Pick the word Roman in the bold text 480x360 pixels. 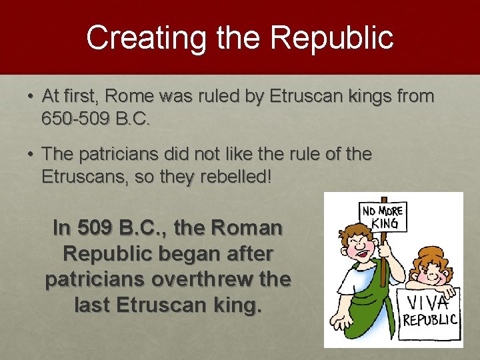[x=247, y=228]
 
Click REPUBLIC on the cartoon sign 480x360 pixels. [x=429, y=320]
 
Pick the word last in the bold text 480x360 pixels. [x=93, y=305]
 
